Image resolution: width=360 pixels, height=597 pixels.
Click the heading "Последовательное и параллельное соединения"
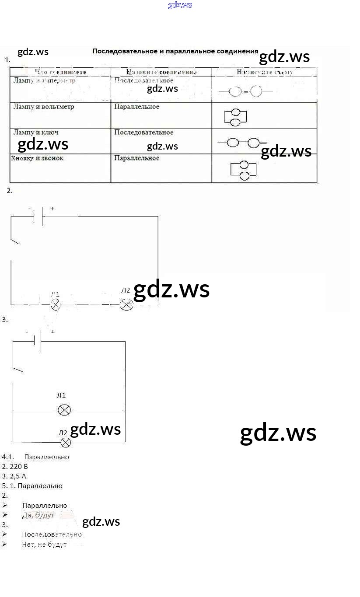coord(175,51)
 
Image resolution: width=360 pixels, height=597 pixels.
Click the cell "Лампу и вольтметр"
coord(44,107)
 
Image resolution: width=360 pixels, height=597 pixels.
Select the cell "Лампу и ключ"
coord(36,132)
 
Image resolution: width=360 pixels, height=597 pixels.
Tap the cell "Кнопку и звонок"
coord(37,158)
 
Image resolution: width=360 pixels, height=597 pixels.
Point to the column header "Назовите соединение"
coord(161,72)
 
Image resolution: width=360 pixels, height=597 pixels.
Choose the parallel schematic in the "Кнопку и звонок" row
coord(243,170)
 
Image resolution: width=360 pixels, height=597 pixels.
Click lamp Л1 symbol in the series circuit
coord(56,304)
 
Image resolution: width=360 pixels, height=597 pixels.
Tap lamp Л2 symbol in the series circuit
coord(126,304)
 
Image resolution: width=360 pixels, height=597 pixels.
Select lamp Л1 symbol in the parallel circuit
coord(64,410)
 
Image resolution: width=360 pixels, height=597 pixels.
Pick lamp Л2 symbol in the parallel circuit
coord(66,443)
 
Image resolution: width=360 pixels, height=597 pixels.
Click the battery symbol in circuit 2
coord(38,216)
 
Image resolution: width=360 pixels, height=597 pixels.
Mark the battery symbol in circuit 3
coord(37,341)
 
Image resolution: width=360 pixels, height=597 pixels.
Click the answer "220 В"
coord(18,466)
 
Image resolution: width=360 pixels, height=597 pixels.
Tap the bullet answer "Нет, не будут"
coord(44,545)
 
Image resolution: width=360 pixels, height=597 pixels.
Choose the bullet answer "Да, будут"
coord(38,515)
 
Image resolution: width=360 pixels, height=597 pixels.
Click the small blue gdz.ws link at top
coord(180,5)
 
